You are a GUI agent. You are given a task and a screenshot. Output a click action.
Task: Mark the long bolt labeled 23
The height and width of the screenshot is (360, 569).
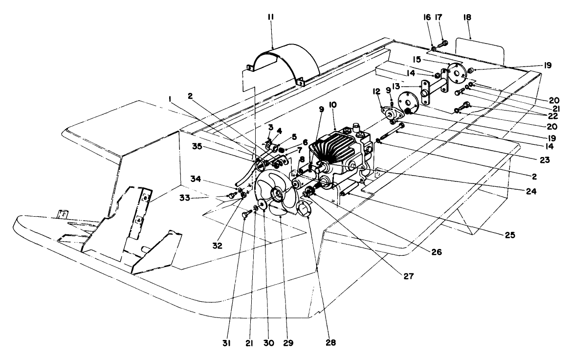click(x=390, y=132)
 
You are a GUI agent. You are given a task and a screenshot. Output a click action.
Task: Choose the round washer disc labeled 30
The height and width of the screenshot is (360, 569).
click(x=263, y=205)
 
